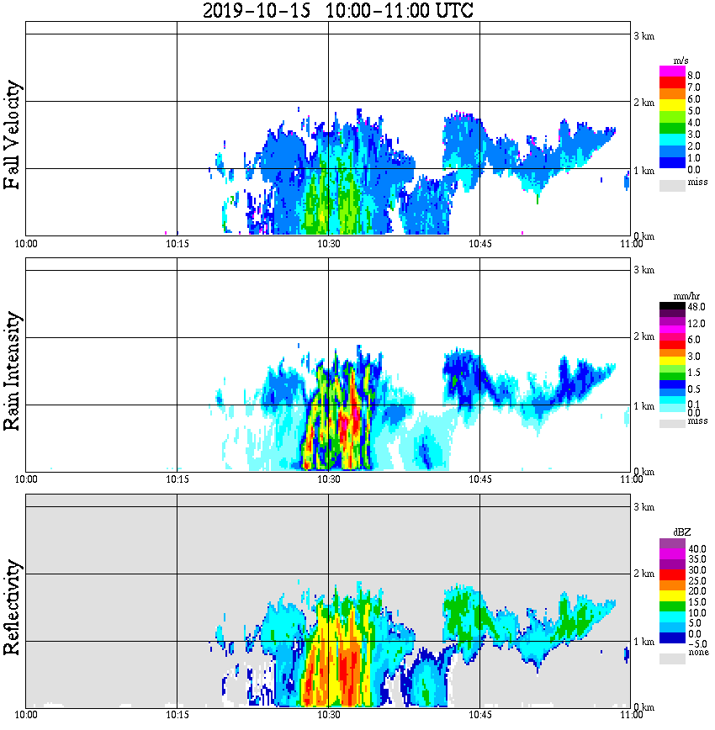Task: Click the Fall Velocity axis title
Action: point(13,135)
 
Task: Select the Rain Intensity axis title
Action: point(13,371)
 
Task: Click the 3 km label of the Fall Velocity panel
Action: point(643,35)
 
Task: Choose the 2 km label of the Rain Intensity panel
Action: point(643,337)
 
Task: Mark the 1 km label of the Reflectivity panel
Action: point(643,642)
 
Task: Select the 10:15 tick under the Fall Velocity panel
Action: point(177,244)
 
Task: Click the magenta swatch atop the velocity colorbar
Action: point(672,71)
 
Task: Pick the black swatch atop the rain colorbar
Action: point(672,305)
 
